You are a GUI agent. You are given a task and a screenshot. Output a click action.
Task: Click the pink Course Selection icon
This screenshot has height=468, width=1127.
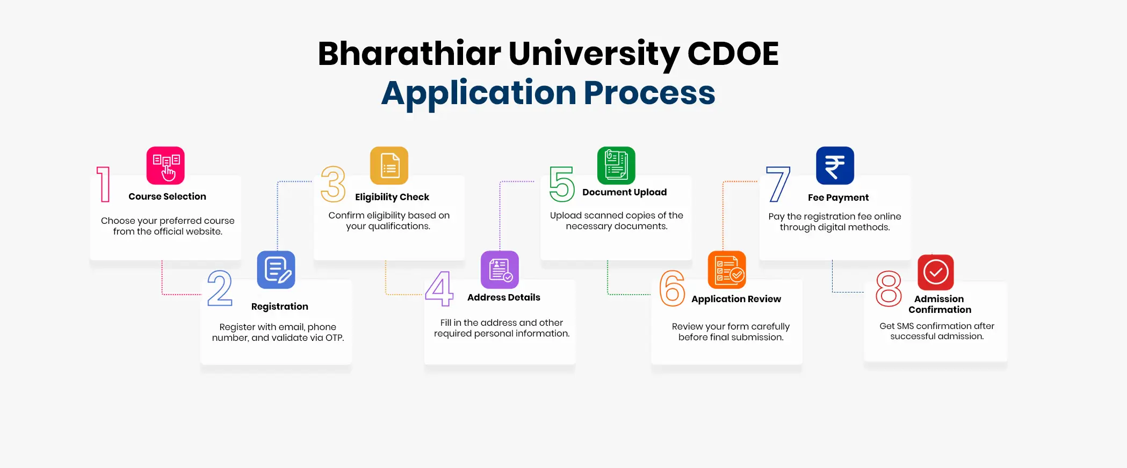pos(165,165)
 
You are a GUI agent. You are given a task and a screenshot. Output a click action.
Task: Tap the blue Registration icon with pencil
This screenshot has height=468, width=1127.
pos(276,270)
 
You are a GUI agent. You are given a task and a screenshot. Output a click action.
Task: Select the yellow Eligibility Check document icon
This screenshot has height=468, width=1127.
pos(389,165)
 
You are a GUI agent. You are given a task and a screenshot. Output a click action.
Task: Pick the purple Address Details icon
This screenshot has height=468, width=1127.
pos(500,270)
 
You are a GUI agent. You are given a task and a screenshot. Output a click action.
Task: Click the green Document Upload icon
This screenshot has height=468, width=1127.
pos(616,165)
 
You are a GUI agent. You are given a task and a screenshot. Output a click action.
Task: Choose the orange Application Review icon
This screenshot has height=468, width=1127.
pos(727,270)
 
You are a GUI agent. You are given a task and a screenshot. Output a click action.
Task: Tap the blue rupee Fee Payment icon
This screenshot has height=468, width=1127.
pos(835,165)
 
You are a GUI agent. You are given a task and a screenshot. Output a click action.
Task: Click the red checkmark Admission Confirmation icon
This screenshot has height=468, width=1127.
pos(936,272)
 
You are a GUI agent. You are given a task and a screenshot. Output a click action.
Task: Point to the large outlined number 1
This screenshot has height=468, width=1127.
pos(104,184)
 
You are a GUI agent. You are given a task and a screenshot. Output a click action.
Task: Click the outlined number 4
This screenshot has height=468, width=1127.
pos(439,289)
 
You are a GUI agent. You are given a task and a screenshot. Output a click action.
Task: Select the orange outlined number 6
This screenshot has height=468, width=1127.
pos(672,288)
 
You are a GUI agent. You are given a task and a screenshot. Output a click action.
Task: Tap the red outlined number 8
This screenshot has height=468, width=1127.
pos(888,289)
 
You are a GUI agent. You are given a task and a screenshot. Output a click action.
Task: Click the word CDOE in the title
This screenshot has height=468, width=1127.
pos(733,54)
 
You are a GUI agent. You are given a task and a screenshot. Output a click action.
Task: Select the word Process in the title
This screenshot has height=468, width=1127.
pos(649,93)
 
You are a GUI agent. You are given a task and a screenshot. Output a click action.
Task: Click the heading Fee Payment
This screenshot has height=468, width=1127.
pos(838,198)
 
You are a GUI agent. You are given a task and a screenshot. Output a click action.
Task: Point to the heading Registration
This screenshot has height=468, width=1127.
pos(280,306)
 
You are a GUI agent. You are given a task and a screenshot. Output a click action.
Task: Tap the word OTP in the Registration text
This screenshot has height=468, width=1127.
pos(334,338)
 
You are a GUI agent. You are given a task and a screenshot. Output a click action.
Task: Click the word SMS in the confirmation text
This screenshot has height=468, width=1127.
pos(906,326)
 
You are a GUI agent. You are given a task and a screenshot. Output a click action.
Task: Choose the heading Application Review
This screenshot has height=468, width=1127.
pos(736,299)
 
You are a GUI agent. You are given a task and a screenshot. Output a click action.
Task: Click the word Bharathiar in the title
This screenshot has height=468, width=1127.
pos(409,54)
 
